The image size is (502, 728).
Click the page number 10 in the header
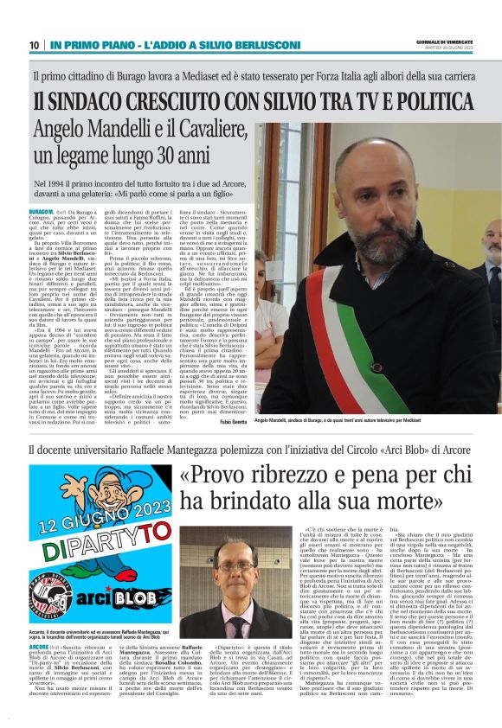click(34, 45)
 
